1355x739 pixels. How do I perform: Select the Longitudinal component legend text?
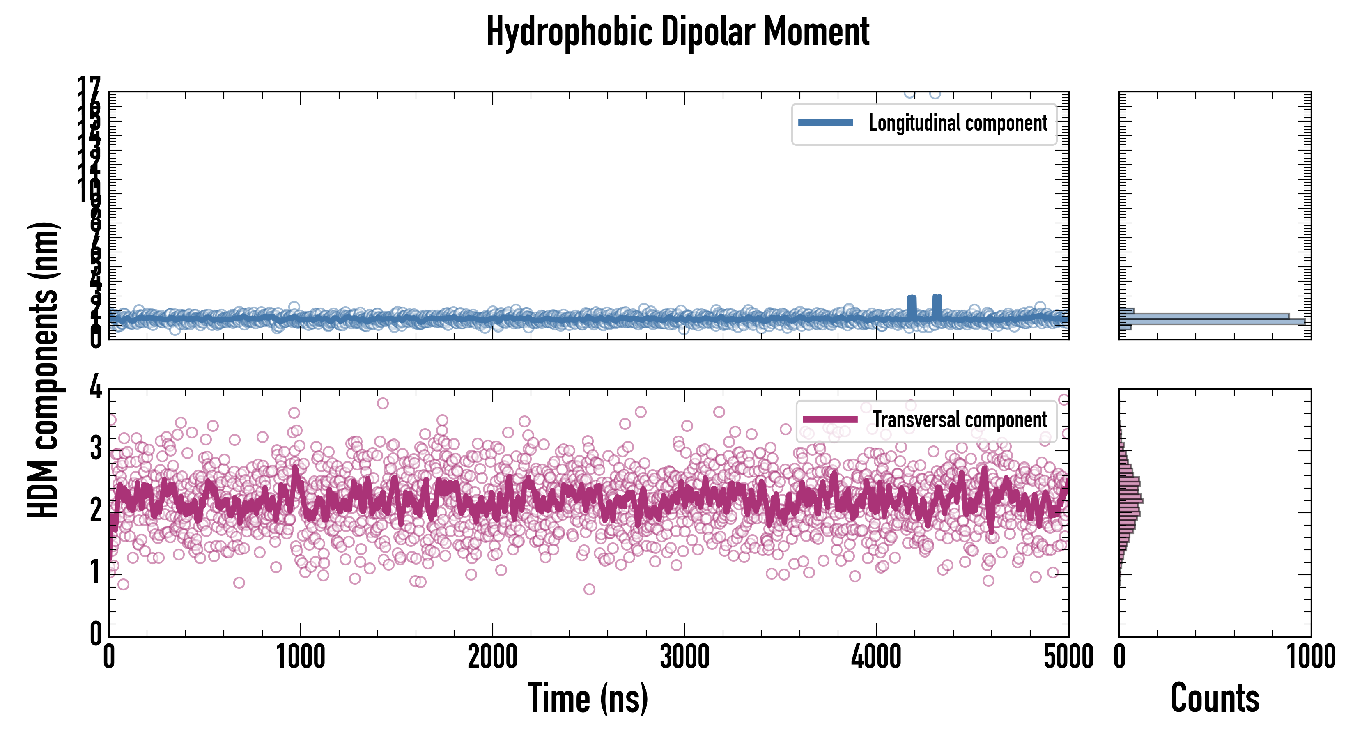[x=958, y=123]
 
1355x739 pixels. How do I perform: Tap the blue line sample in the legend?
[x=825, y=123]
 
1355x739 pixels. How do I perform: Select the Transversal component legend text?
[x=960, y=420]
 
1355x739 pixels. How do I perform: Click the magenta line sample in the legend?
[x=830, y=420]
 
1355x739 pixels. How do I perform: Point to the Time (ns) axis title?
[x=588, y=698]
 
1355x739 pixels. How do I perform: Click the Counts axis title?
[x=1215, y=698]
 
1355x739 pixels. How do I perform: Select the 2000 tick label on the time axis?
[x=492, y=657]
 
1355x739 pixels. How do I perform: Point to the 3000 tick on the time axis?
[x=684, y=657]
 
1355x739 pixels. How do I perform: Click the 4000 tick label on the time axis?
[x=876, y=657]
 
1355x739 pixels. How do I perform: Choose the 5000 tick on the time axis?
[x=1068, y=657]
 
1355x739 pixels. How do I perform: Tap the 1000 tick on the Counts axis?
[x=1311, y=657]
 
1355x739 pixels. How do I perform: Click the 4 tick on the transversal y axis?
[x=95, y=388]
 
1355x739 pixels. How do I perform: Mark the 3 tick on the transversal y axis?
[x=95, y=449]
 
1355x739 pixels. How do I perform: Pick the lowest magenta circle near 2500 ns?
[x=589, y=589]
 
